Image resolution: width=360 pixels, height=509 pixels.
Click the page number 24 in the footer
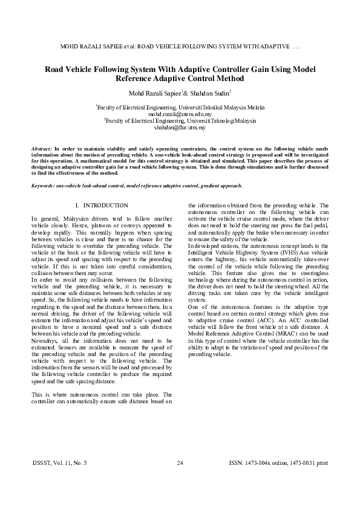tap(180, 462)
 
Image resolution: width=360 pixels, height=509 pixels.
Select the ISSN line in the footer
tap(278, 462)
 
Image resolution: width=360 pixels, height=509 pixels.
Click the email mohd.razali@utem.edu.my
tap(180, 113)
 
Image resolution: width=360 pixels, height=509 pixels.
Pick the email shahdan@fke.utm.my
tap(180, 128)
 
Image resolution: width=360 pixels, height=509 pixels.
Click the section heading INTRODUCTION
tap(105, 206)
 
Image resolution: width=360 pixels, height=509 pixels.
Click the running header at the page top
tap(180, 46)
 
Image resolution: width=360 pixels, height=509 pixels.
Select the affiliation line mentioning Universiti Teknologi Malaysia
tap(180, 120)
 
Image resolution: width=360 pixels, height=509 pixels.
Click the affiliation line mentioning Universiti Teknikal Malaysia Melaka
tap(180, 106)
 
